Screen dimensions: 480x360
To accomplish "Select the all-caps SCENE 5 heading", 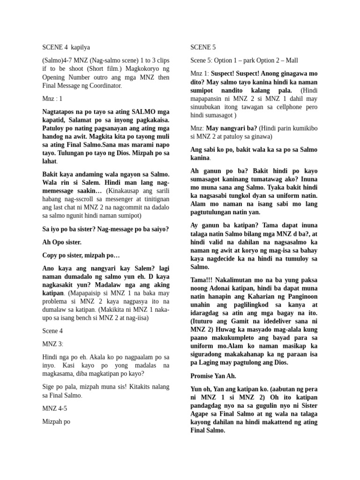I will tap(202, 47).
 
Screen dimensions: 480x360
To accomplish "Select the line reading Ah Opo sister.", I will tap(61, 242).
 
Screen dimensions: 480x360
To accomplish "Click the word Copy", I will tap(50, 255).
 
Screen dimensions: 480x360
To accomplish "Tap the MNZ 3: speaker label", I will tap(52, 344).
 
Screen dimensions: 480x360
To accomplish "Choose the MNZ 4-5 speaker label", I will tap(54, 408).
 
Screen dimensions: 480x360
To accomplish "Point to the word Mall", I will tap(289, 60).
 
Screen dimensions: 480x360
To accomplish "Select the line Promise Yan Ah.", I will tap(213, 376).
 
